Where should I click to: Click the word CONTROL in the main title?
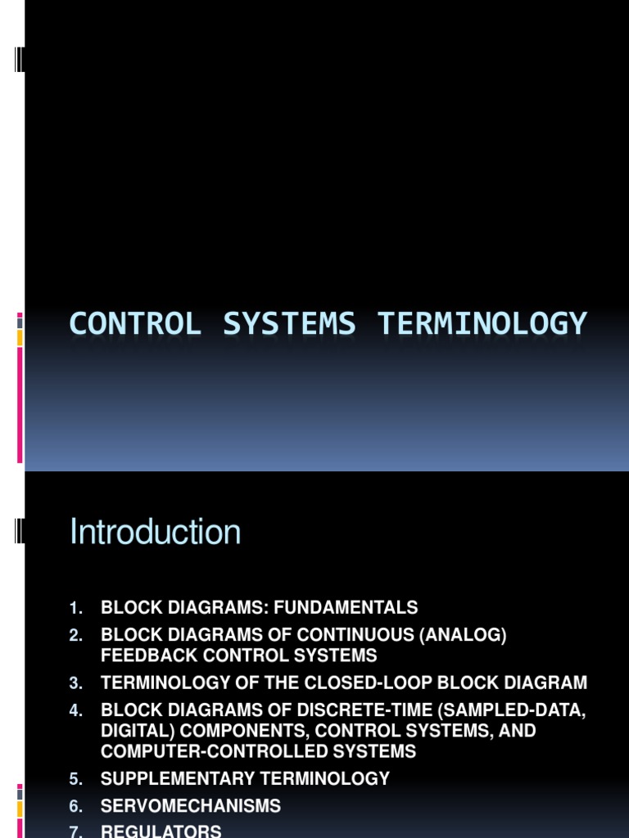[x=135, y=324]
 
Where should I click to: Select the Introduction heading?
[x=156, y=533]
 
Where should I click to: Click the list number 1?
[x=76, y=608]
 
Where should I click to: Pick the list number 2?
[x=76, y=636]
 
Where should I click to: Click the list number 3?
[x=76, y=683]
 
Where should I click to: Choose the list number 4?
[x=76, y=711]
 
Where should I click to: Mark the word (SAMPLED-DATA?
[x=518, y=711]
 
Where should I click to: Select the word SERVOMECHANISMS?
[x=190, y=807]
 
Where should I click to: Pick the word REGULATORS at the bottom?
[x=161, y=831]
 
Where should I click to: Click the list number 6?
[x=76, y=807]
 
